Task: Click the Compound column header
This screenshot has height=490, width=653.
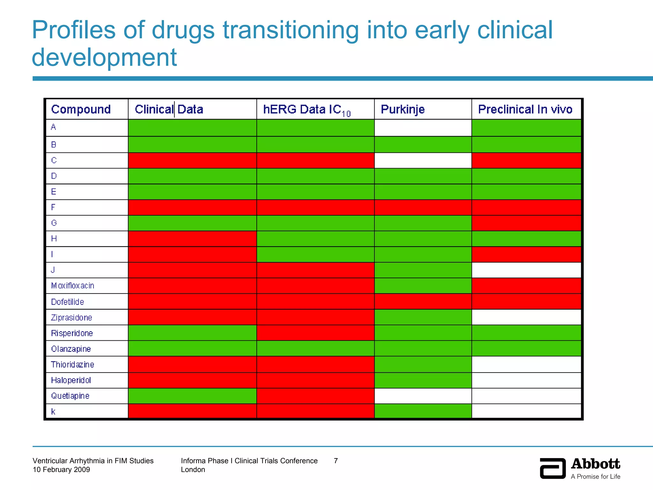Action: [81, 109]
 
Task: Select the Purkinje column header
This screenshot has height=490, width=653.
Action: [403, 109]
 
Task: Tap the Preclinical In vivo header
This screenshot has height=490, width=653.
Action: [525, 109]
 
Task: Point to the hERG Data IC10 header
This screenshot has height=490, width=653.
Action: [307, 110]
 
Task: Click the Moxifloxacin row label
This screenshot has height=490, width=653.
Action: [73, 286]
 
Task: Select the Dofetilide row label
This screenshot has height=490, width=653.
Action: [68, 302]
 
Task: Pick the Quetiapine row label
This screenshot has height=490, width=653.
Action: [70, 396]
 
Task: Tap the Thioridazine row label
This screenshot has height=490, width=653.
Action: [73, 365]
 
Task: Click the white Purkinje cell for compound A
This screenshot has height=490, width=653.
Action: [423, 128]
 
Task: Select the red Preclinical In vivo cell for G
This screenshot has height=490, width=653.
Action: [526, 223]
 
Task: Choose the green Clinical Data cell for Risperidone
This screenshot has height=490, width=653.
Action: [192, 333]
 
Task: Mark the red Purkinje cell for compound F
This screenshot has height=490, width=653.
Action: [423, 207]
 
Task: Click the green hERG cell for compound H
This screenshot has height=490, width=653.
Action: [315, 239]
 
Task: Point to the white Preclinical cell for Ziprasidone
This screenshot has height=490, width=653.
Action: [526, 317]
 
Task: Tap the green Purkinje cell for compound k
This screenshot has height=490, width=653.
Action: [423, 411]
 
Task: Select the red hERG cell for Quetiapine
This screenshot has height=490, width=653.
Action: [315, 396]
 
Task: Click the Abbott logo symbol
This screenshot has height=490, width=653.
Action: [553, 468]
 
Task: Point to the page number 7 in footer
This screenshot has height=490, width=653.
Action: [336, 461]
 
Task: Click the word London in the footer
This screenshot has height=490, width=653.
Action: [193, 470]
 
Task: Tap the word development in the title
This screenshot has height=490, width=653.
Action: [104, 57]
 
